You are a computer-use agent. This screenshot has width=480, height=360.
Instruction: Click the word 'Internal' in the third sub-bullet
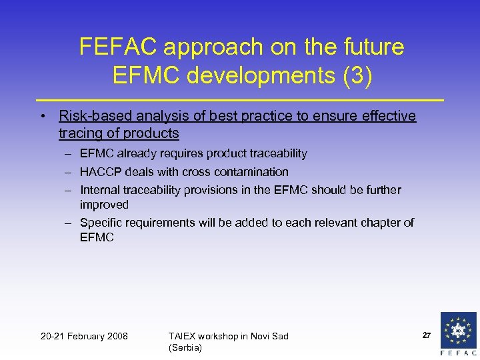[101, 190]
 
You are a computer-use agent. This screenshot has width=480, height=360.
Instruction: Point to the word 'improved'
[104, 205]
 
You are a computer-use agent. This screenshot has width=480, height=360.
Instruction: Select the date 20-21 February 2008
[84, 336]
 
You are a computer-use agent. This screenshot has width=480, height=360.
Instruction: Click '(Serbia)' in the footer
[185, 347]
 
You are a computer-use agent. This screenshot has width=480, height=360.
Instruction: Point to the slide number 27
[427, 335]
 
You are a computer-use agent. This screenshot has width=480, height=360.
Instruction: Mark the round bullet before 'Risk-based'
[42, 117]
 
